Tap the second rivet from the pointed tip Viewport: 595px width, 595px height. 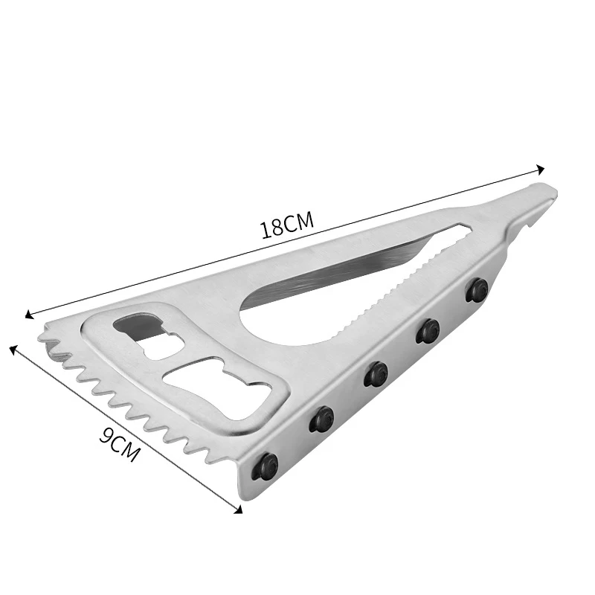coord(427,329)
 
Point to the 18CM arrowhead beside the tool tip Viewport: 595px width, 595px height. coord(541,169)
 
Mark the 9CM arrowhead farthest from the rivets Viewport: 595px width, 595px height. coord(13,347)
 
